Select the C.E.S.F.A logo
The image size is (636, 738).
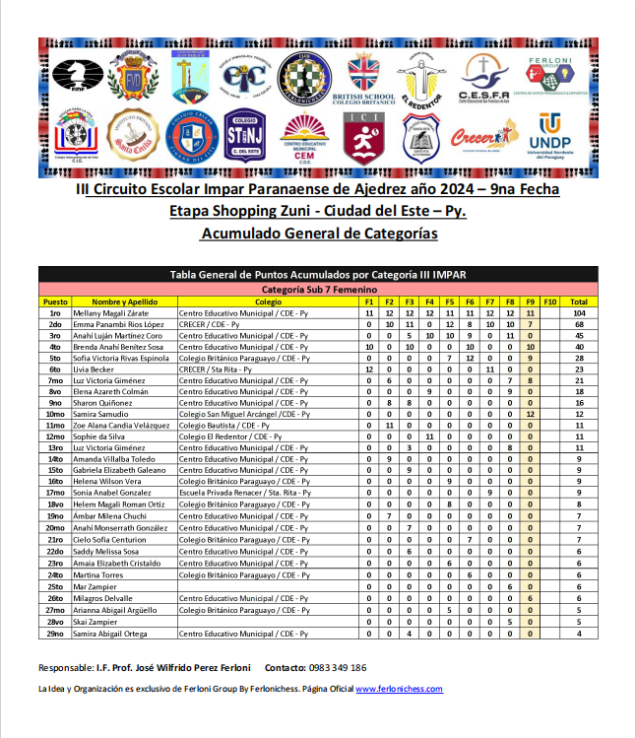pos(482,78)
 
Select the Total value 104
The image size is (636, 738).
pos(579,312)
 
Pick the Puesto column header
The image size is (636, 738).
pos(55,302)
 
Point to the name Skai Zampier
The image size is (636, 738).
pos(95,621)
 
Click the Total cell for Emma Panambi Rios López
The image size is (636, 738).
pos(579,324)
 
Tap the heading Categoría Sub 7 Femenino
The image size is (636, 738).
pos(318,290)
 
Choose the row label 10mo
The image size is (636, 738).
pos(55,415)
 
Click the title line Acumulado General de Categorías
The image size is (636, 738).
pos(318,235)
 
